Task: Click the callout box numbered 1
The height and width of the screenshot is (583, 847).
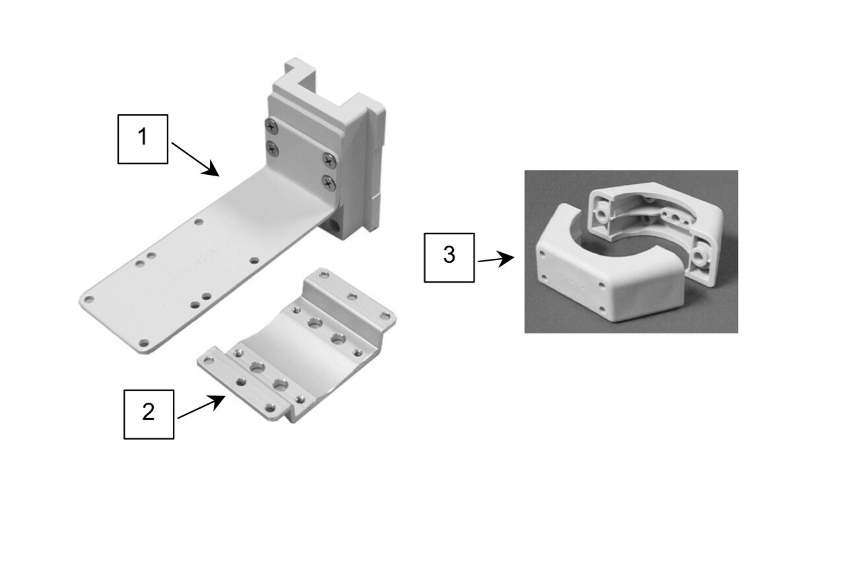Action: [143, 139]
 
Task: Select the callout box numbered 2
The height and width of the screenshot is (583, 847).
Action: [149, 415]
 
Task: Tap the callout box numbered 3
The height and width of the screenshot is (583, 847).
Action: [449, 257]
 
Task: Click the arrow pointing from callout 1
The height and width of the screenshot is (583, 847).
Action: [195, 159]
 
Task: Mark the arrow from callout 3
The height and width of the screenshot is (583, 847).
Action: [495, 259]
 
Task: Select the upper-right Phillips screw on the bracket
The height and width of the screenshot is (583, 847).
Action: [329, 160]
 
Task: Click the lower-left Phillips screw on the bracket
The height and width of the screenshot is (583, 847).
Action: [272, 149]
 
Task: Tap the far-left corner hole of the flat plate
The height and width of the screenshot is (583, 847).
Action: [89, 299]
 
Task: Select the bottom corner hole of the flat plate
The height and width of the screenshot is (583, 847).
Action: [144, 343]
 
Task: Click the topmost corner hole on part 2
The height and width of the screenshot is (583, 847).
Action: [324, 274]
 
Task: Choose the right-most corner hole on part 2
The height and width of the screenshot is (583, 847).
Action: [385, 316]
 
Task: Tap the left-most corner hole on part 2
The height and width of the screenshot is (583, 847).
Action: [208, 360]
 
